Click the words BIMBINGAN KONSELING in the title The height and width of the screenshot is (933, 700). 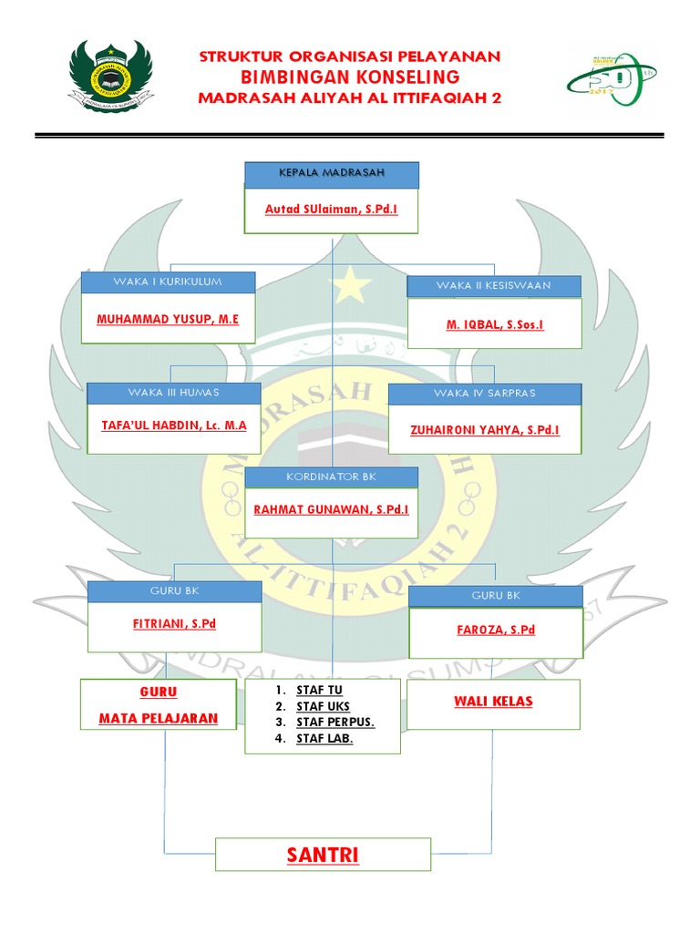350,77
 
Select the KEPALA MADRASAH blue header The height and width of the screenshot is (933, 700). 332,173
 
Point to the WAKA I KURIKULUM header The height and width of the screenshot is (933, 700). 168,282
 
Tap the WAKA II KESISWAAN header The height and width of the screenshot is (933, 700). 493,286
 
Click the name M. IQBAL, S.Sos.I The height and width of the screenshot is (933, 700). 495,325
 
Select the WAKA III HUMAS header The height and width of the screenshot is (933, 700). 173,393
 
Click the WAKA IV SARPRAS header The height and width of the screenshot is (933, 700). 485,394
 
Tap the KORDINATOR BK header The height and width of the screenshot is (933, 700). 331,477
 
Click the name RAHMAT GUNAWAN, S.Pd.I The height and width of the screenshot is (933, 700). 331,510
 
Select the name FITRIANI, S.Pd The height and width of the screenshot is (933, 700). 174,624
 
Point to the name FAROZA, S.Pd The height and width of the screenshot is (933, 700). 495,630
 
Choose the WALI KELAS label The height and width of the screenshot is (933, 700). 493,702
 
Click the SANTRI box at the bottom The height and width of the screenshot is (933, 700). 323,855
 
